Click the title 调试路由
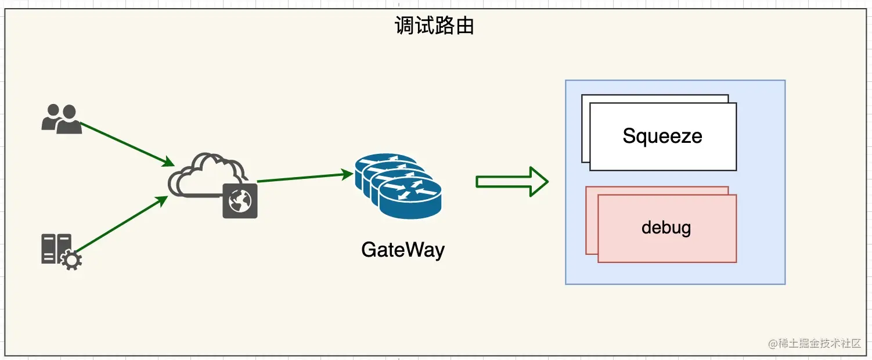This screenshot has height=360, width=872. [435, 26]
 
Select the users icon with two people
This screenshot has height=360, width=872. [62, 119]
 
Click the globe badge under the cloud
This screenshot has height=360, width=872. [240, 201]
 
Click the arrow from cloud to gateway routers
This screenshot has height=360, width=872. [305, 177]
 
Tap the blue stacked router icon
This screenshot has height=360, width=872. [398, 186]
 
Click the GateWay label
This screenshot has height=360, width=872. [402, 250]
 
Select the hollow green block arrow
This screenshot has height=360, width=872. [511, 182]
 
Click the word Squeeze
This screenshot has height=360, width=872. [662, 136]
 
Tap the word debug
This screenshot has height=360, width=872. [666, 228]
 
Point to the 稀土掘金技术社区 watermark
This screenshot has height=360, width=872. [815, 344]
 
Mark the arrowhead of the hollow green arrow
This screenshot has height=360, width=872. [539, 182]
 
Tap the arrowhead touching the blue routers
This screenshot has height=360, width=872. [348, 174]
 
